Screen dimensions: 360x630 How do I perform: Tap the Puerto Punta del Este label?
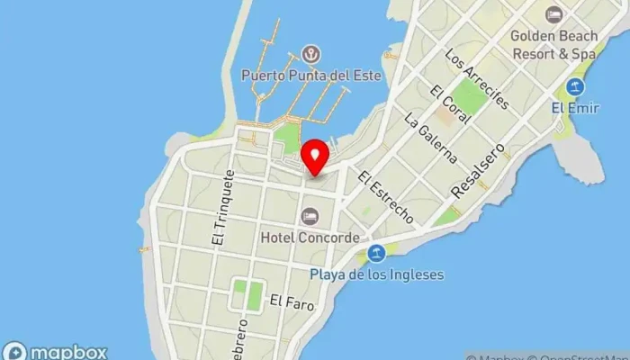point(310,76)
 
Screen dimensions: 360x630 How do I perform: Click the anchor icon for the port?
point(310,55)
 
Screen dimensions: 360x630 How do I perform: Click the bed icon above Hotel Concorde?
point(310,216)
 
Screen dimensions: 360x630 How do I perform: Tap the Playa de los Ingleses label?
point(377,274)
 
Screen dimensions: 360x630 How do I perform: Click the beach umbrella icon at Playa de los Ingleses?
point(377,253)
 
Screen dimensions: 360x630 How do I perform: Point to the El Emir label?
point(569,109)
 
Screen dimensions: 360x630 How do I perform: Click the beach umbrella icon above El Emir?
point(575,87)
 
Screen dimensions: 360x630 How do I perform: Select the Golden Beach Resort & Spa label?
point(553,44)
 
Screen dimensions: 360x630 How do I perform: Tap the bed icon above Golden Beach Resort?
point(553,14)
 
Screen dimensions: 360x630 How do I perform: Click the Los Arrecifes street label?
point(477,77)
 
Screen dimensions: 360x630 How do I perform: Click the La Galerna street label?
point(431,138)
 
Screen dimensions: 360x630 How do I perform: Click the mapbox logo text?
point(68,352)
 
